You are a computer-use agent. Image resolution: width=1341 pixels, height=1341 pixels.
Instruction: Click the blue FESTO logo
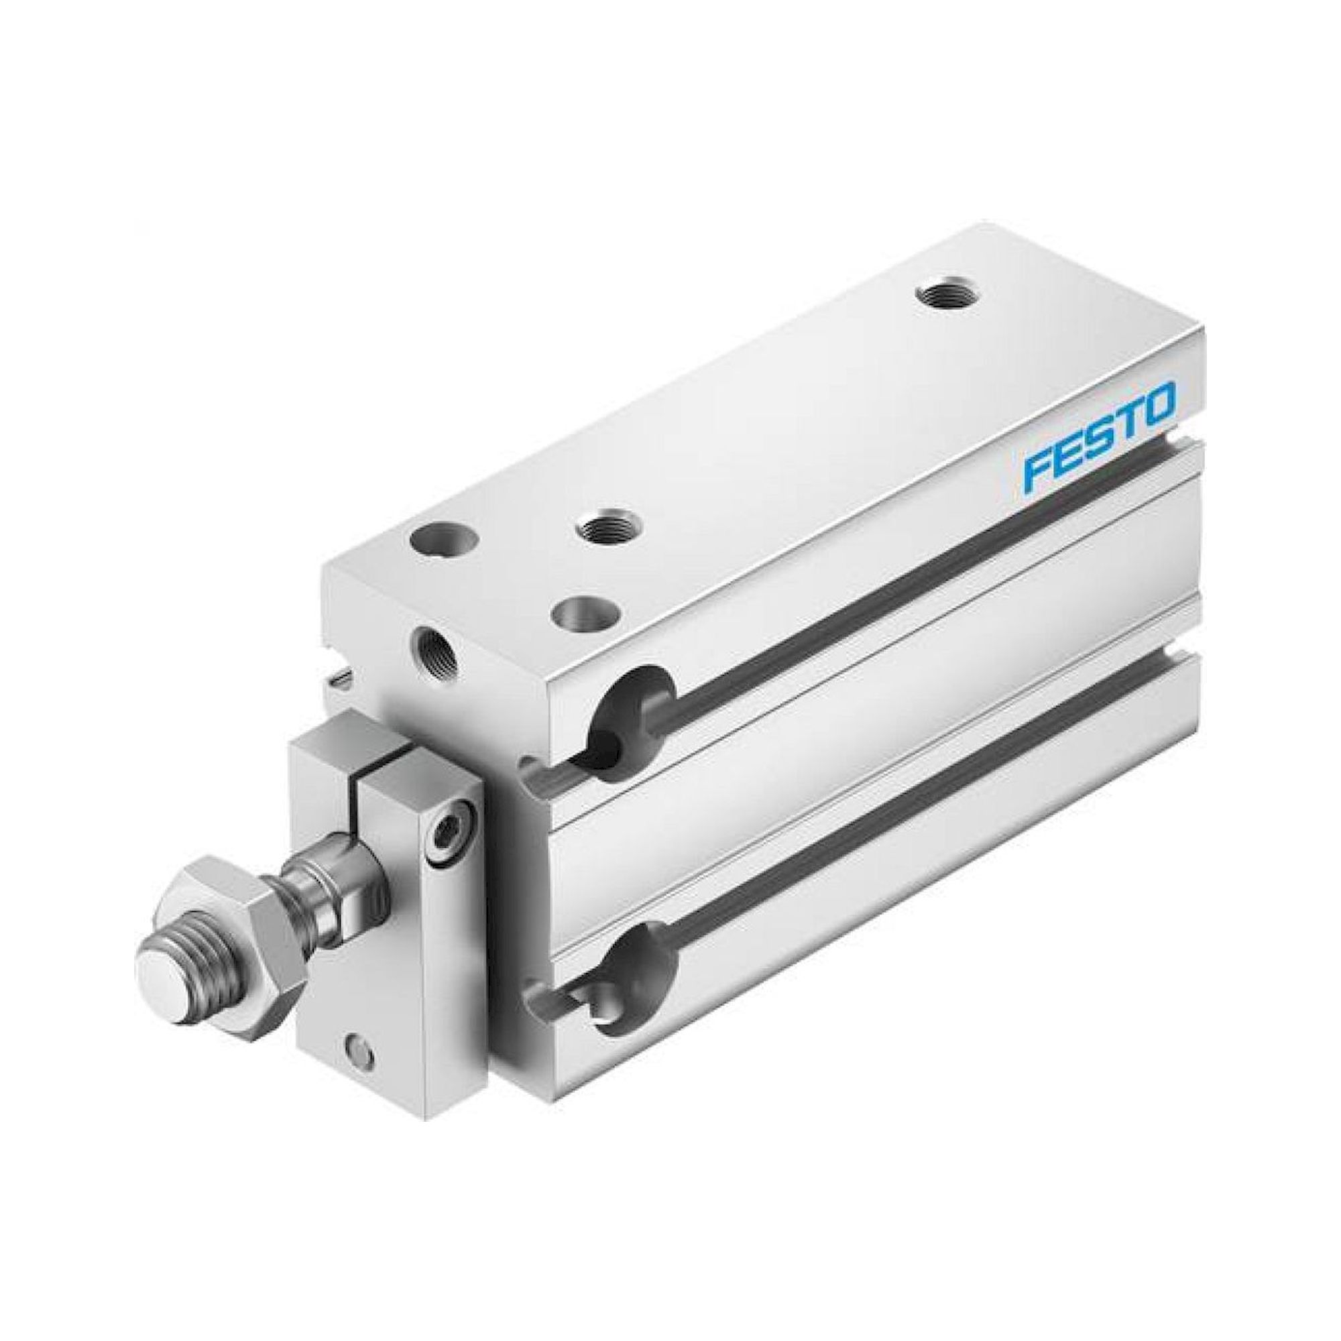[x=1100, y=437]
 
